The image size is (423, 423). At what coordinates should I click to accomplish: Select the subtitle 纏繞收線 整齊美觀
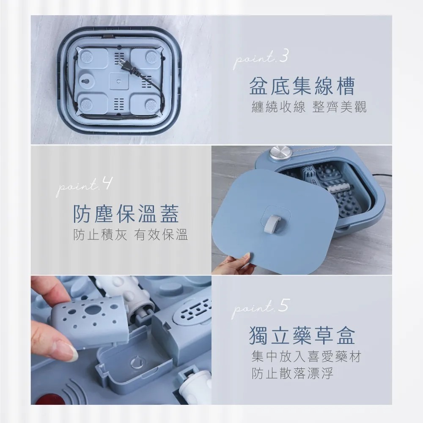(308, 107)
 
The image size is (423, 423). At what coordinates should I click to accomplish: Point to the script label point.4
(84, 186)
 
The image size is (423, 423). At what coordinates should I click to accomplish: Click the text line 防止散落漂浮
(292, 374)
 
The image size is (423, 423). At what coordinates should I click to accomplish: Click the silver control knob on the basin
(279, 153)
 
